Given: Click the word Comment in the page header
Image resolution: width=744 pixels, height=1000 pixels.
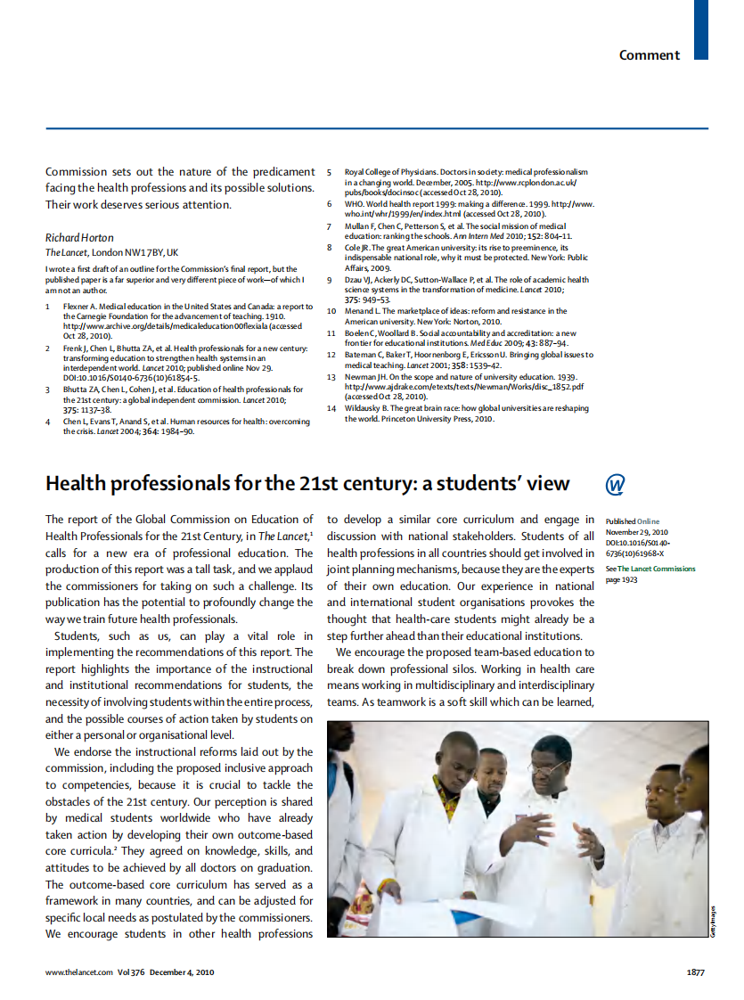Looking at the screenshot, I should (x=650, y=55).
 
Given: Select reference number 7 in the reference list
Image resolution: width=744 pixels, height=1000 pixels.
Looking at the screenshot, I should (x=329, y=226).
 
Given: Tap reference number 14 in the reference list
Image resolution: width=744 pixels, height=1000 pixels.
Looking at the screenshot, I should (x=331, y=408).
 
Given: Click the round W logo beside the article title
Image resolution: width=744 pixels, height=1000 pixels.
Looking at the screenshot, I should (x=615, y=484).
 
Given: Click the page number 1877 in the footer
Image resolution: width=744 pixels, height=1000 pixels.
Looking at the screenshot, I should (x=696, y=972).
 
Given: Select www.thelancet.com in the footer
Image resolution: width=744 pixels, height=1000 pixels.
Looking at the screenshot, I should (x=79, y=972).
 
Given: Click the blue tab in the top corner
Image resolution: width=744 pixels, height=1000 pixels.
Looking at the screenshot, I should (x=701, y=29).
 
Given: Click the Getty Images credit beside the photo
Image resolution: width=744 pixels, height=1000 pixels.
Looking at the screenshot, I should (x=714, y=918).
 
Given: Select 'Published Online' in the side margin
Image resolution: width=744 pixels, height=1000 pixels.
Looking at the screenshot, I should (x=633, y=521).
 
